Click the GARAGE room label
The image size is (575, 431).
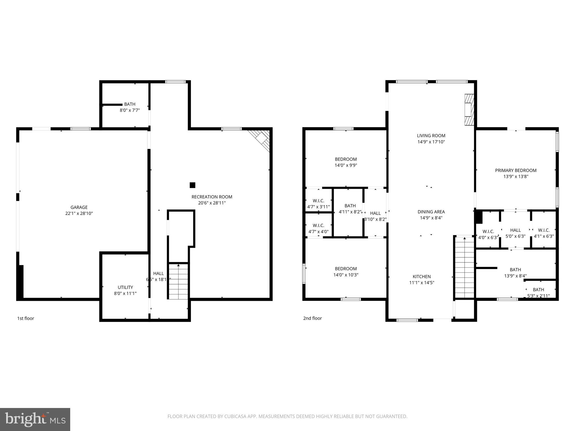point(79,207)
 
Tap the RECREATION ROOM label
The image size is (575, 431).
point(212,197)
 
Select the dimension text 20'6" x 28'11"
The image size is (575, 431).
point(212,203)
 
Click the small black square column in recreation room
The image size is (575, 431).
point(192,185)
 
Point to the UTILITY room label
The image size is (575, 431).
point(125,287)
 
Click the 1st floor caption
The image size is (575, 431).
point(26,318)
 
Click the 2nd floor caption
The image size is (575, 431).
point(312,318)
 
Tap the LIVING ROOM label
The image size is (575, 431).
point(431,136)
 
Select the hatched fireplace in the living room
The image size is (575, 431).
point(469,109)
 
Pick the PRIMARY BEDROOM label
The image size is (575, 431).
point(515,170)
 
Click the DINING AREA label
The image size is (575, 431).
point(431,212)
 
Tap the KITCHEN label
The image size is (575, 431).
point(421,277)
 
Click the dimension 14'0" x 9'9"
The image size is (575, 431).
point(346,165)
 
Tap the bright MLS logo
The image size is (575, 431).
point(35,419)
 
